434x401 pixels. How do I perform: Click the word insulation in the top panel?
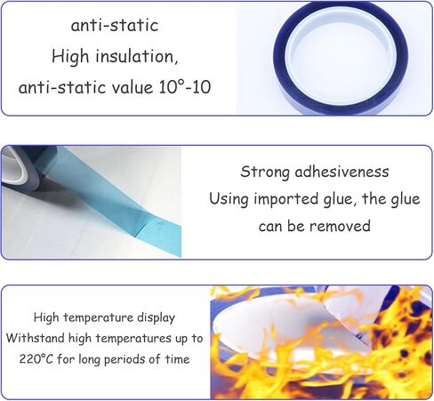tap(137, 56)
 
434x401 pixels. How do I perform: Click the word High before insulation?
tap(70, 57)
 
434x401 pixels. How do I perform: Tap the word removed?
tap(340, 226)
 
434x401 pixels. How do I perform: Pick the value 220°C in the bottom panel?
tap(36, 359)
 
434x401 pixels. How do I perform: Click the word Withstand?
tap(36, 338)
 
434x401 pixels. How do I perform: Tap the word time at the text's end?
tap(178, 359)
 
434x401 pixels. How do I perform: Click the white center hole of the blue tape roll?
tap(341, 56)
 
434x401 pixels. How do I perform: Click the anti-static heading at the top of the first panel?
tap(114, 26)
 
